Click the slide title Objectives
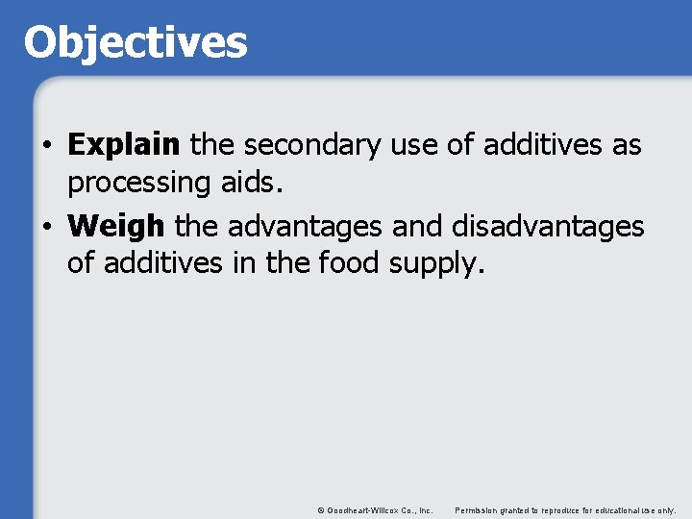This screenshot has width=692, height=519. [136, 42]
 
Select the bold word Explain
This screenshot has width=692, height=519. [124, 146]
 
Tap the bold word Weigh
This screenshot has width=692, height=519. [116, 227]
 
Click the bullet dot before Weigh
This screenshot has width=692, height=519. [46, 228]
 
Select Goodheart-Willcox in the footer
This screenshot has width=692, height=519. [359, 509]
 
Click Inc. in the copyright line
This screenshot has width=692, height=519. [424, 509]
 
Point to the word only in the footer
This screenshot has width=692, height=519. [667, 509]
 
